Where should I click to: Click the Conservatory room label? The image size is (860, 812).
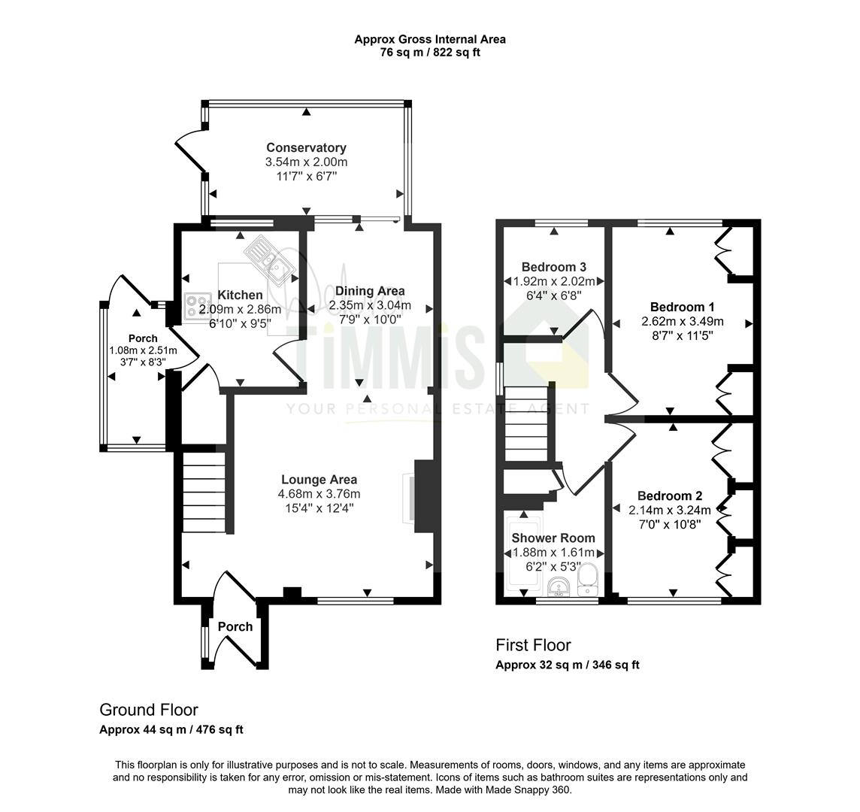click(x=306, y=147)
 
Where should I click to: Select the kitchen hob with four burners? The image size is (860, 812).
click(x=198, y=306)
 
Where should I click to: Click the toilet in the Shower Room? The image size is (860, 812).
click(x=588, y=580)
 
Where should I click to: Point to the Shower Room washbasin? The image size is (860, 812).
click(x=559, y=588)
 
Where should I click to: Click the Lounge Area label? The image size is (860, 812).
click(x=319, y=480)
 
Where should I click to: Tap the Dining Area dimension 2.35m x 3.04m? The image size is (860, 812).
click(x=370, y=305)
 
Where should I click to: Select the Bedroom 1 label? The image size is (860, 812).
click(x=683, y=307)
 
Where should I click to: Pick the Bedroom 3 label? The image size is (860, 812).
click(x=554, y=267)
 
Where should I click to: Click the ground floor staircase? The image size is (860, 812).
click(x=204, y=491)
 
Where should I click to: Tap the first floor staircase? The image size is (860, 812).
click(x=526, y=423)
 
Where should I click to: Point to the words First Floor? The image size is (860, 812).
click(x=533, y=644)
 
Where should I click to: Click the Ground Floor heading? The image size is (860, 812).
click(x=149, y=710)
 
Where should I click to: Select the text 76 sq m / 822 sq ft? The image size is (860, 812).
click(x=430, y=53)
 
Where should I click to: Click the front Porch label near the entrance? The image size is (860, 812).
click(x=235, y=626)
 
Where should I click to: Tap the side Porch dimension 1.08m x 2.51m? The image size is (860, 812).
click(x=143, y=350)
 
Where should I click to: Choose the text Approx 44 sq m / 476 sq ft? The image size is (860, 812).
click(x=171, y=730)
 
